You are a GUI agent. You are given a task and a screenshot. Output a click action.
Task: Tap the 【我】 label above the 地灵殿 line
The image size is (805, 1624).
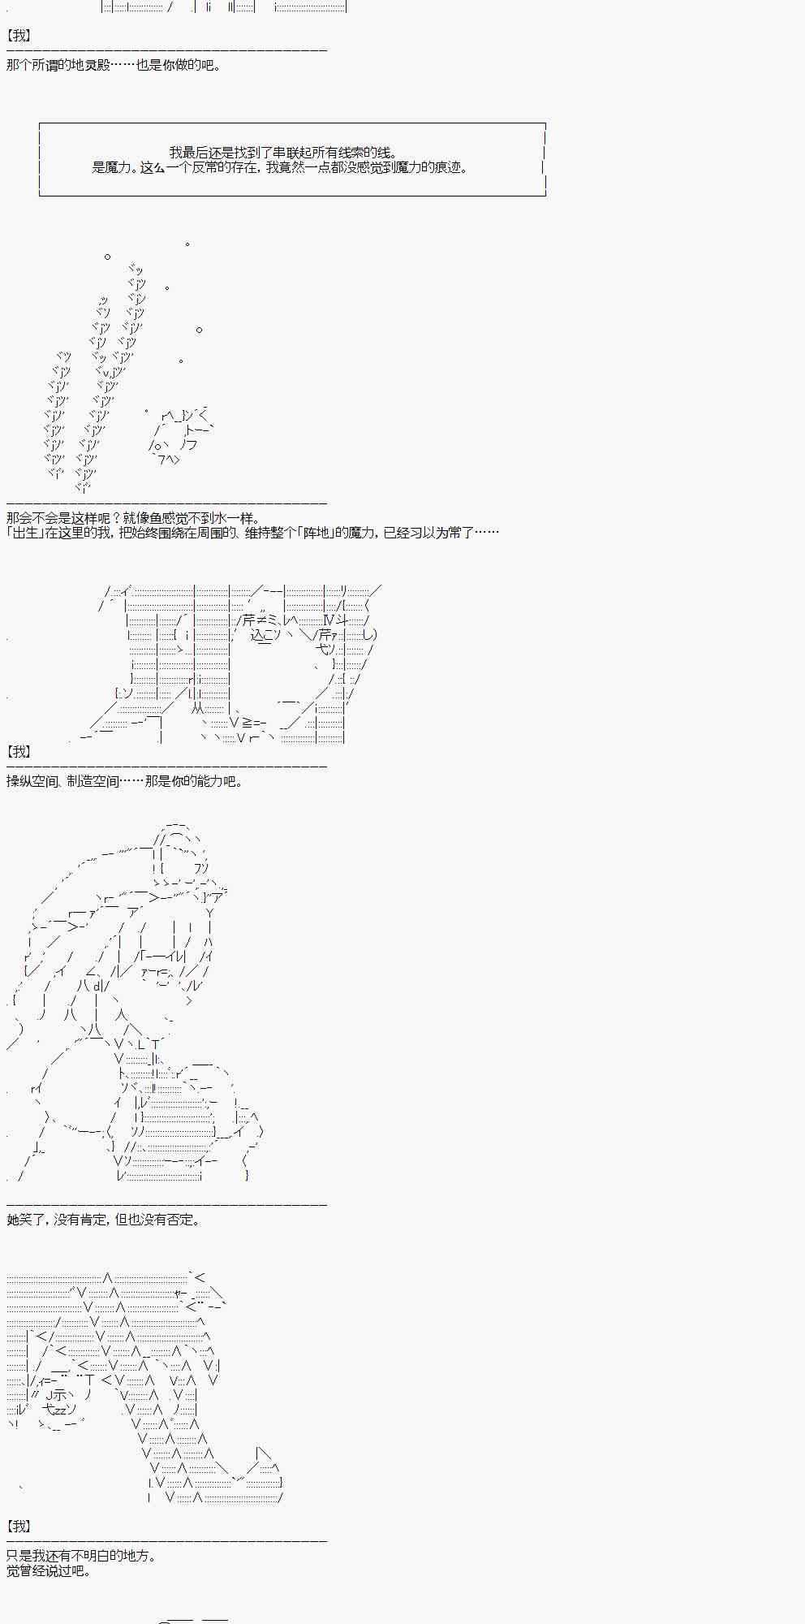click(18, 37)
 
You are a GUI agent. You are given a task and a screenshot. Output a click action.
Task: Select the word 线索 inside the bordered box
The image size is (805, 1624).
click(339, 152)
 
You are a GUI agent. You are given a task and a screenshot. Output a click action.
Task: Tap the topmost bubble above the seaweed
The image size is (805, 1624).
click(187, 244)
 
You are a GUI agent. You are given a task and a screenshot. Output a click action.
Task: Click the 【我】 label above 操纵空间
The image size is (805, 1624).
click(18, 753)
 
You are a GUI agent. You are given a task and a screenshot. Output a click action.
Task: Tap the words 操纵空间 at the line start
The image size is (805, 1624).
click(32, 781)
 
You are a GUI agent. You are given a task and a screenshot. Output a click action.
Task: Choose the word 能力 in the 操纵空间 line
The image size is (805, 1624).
click(209, 781)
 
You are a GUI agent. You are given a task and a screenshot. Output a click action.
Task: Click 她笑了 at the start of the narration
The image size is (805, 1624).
click(26, 1220)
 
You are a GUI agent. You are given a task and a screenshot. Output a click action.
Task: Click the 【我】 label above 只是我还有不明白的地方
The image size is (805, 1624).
click(18, 1527)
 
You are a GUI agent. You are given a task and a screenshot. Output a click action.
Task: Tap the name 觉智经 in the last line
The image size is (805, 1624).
click(26, 1570)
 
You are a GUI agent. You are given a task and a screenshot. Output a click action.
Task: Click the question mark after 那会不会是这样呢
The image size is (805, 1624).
click(117, 518)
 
